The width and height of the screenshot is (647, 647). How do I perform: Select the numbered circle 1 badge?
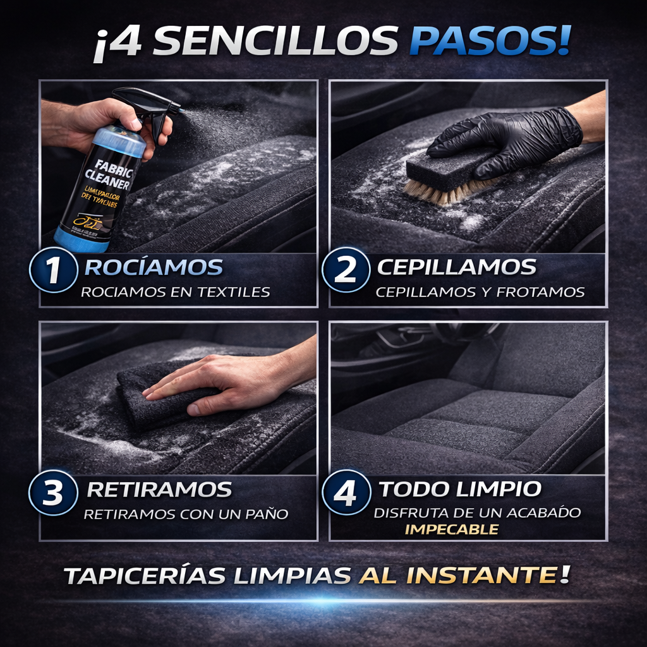pyautogui.click(x=53, y=270)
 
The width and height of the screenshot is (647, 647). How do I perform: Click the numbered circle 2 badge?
pyautogui.click(x=346, y=270)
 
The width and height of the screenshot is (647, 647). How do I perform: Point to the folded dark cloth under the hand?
pyautogui.click(x=158, y=395)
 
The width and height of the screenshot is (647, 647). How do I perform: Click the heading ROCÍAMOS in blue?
pyautogui.click(x=154, y=267)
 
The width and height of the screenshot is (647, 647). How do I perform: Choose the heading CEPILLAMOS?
pyautogui.click(x=456, y=267)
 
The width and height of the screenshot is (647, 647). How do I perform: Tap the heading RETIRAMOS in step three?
pyautogui.click(x=159, y=490)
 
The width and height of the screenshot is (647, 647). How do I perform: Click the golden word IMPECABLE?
pyautogui.click(x=451, y=529)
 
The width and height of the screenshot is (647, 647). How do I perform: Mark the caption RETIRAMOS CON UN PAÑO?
pyautogui.click(x=186, y=514)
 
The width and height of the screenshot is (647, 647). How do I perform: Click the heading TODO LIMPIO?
pyautogui.click(x=459, y=489)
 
